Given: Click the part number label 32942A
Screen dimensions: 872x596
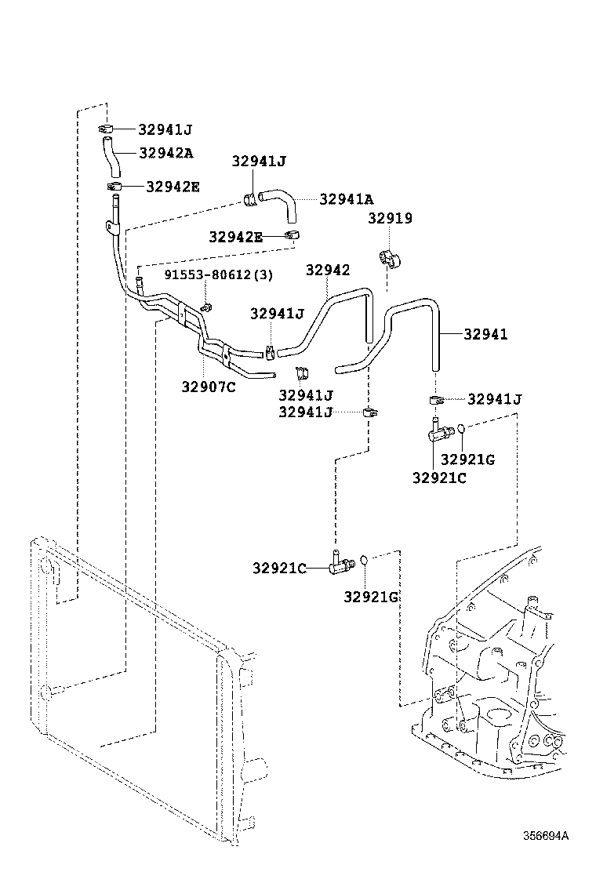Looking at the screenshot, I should click(x=165, y=153).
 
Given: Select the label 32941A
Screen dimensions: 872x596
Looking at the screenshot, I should click(x=347, y=199).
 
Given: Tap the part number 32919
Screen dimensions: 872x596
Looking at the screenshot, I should click(x=390, y=219).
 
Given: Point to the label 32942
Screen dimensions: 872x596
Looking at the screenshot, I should click(x=327, y=271).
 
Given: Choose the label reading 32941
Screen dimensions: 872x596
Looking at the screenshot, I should click(x=485, y=334).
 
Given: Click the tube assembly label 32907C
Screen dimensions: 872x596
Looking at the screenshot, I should click(x=209, y=386).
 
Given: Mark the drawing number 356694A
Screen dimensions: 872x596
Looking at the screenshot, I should click(x=546, y=835).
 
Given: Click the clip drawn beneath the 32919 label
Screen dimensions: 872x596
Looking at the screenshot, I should click(x=389, y=260).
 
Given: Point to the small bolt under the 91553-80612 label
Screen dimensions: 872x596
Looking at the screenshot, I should click(x=205, y=307).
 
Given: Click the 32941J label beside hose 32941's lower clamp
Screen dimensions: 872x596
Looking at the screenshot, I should click(x=494, y=399).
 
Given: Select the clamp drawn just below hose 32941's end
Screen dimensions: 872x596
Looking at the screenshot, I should click(x=437, y=401).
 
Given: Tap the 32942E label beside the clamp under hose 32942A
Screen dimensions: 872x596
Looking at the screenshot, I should click(x=173, y=186).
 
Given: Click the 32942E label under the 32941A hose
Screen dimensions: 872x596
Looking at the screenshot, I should click(x=235, y=236).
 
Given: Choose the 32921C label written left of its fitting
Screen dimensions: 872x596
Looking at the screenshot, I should click(x=279, y=568).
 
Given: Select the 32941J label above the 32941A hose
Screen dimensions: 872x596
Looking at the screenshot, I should click(x=259, y=162).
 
